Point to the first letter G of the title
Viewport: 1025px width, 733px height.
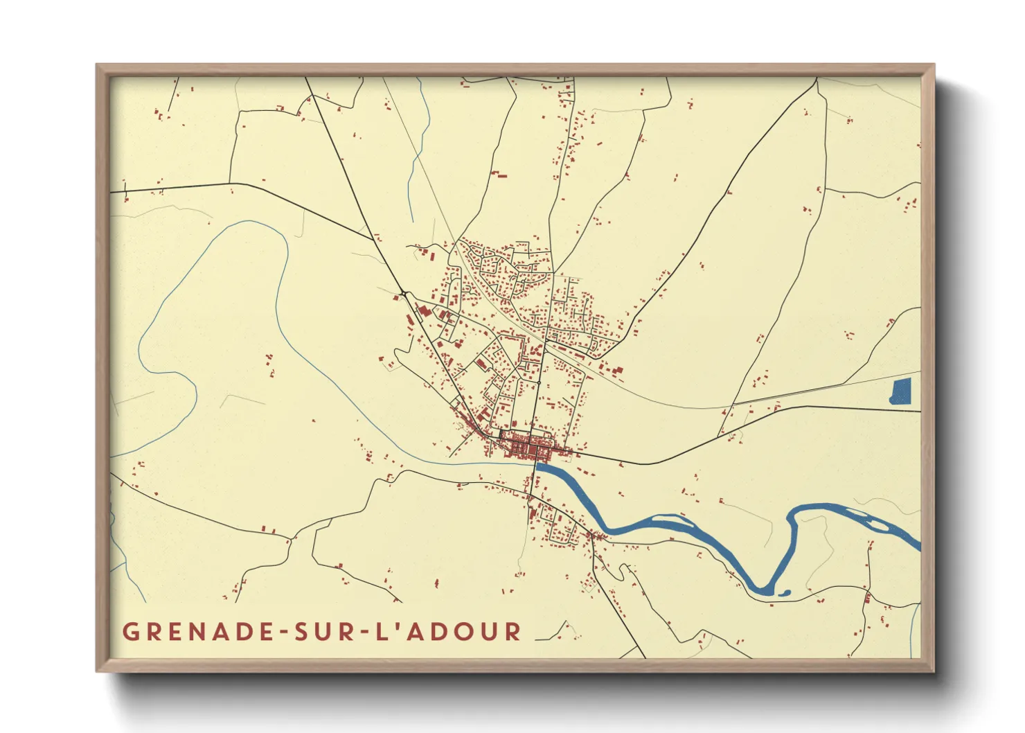coord(130,632)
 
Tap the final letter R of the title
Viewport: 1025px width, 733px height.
coord(513,632)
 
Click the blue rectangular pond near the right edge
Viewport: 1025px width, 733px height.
coord(901,391)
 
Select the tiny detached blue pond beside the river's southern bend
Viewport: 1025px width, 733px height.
coord(784,592)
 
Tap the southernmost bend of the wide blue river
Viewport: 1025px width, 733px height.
coord(762,590)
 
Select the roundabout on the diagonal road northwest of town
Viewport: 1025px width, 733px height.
coord(403,294)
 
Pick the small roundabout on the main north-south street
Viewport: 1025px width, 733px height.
coord(538,382)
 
